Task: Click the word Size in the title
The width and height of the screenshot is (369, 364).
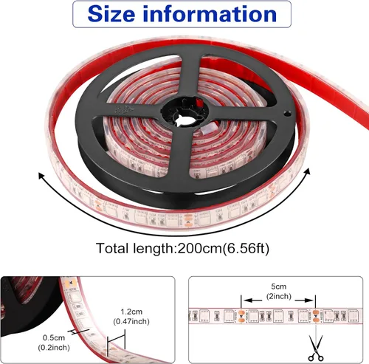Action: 111,14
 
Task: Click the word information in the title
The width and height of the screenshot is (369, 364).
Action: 210,14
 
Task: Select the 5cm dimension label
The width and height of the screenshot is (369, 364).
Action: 279,286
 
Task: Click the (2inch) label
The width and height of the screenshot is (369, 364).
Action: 279,296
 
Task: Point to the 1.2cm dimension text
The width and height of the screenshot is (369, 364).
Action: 131,312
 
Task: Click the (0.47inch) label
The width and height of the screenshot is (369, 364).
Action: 131,321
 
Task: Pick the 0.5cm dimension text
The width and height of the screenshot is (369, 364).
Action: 54,337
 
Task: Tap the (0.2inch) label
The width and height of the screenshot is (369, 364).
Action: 54,348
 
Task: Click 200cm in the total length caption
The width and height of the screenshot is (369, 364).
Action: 200,249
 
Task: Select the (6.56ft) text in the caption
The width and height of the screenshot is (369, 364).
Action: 246,249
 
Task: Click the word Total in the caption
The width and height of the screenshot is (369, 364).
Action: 113,249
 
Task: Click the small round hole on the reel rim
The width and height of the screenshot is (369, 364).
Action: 287,114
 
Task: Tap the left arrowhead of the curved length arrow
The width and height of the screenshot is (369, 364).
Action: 41,175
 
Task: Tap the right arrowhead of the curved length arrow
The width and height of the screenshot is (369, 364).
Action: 307,171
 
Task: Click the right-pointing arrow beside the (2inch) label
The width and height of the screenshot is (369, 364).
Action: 304,301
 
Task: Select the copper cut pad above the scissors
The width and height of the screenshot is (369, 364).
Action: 316,316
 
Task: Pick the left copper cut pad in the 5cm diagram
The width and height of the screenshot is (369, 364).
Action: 241,316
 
